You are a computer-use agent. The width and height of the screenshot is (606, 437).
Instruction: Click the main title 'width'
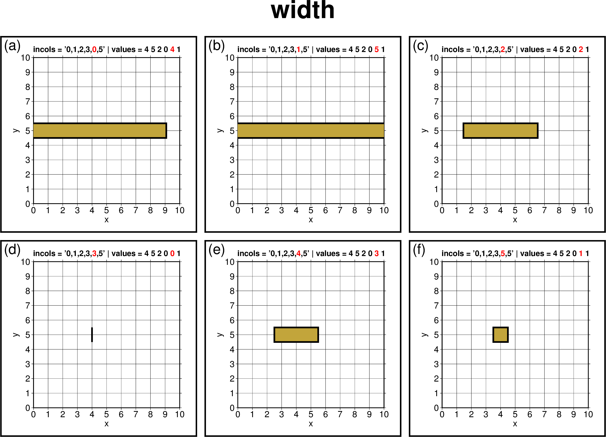[x=302, y=11]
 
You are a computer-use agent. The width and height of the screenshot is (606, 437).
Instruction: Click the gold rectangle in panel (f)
[x=501, y=335]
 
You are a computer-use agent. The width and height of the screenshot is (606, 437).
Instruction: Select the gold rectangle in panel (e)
[x=296, y=335]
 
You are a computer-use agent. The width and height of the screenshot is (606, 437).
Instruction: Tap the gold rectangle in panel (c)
[x=501, y=131]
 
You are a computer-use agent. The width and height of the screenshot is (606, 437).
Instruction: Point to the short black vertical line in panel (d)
[x=92, y=335]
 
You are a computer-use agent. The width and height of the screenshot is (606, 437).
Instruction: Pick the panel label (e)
[x=216, y=250]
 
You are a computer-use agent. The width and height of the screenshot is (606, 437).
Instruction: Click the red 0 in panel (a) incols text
[x=94, y=50]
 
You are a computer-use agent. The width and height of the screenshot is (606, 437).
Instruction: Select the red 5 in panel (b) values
[x=376, y=50]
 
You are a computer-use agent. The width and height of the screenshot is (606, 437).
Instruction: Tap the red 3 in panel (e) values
[x=376, y=254]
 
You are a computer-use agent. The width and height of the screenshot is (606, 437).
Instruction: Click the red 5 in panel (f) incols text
[x=503, y=254]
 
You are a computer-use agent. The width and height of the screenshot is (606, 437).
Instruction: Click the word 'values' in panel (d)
[x=123, y=254]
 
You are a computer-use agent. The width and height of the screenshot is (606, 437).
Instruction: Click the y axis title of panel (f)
[x=424, y=335]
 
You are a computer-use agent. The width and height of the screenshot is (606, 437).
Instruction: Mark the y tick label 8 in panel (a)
[x=28, y=87]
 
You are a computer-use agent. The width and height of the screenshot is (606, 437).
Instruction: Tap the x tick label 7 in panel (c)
[x=544, y=211]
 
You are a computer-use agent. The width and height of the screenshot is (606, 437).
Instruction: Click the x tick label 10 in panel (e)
[x=384, y=415]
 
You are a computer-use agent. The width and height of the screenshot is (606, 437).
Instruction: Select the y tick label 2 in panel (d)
[x=28, y=378]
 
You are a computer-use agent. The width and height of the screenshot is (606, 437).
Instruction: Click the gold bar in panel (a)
[x=99, y=131]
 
